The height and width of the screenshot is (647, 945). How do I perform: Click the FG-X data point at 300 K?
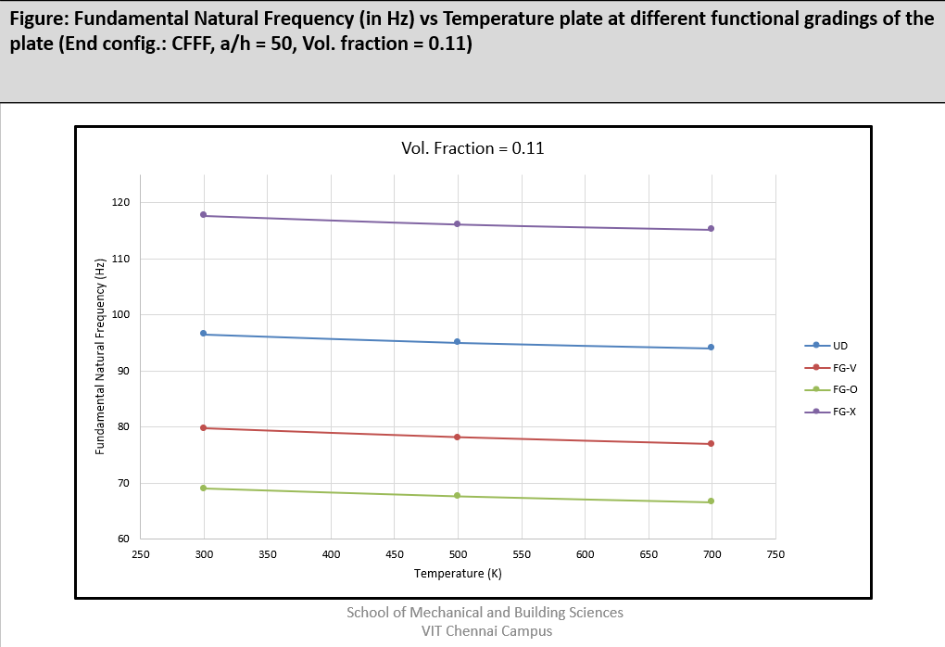click(204, 215)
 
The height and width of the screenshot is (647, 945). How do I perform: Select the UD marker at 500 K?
click(458, 342)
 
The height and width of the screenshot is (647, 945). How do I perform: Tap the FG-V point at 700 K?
click(711, 444)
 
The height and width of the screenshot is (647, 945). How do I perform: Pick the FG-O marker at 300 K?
click(204, 488)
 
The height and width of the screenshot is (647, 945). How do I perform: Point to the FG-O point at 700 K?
click(711, 501)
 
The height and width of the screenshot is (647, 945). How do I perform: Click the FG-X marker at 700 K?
click(711, 229)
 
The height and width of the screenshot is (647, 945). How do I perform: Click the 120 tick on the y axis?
click(123, 202)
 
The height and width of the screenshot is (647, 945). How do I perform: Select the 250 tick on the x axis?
click(140, 554)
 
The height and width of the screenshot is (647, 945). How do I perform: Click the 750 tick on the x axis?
click(775, 554)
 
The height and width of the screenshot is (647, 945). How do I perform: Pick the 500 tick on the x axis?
click(458, 554)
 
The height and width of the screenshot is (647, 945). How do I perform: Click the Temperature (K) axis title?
click(458, 574)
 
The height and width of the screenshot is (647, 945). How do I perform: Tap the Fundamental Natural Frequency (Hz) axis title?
click(100, 357)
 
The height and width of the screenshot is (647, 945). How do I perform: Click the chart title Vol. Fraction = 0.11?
click(472, 147)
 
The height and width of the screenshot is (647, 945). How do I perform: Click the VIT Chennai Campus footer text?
click(485, 631)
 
